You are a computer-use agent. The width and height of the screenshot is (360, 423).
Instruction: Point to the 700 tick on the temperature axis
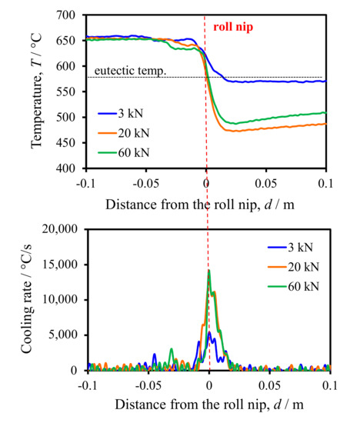67,15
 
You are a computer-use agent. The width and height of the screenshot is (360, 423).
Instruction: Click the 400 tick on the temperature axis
67,168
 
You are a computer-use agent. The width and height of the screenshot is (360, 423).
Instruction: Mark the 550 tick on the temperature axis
67,92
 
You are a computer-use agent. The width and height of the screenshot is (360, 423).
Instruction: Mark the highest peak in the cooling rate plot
208,271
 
